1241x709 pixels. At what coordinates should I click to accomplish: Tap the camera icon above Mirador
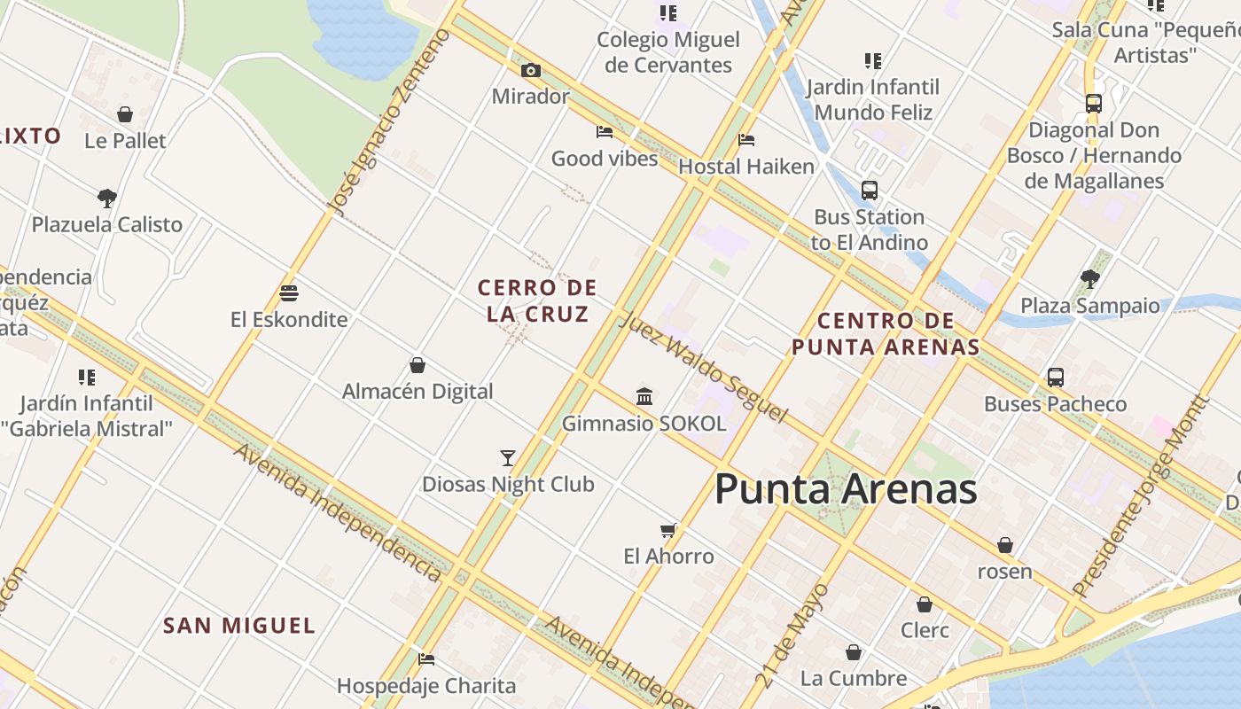tap(530, 70)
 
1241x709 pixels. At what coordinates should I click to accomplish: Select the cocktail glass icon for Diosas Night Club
tap(508, 457)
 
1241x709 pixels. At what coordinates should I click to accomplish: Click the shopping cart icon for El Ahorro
tap(668, 530)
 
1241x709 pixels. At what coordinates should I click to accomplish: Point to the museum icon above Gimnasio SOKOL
tap(644, 396)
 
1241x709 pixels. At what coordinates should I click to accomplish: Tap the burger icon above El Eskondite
tap(289, 292)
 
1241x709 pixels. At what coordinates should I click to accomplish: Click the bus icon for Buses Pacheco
tap(1055, 377)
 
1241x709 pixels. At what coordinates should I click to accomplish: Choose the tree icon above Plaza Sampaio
tap(1090, 279)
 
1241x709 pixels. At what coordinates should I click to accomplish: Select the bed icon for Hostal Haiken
tap(746, 140)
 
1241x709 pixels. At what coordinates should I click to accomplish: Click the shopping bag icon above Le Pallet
tap(125, 114)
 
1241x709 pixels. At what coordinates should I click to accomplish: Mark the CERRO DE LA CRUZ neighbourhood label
tap(537, 300)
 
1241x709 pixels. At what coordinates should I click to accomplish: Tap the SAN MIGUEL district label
tap(239, 626)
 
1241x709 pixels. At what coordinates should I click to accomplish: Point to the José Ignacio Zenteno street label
tap(389, 122)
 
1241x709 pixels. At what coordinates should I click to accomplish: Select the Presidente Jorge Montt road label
tap(1139, 495)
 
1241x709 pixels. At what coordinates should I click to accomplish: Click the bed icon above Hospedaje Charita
tap(426, 659)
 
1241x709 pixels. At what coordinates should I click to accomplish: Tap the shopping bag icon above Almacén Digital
tap(418, 365)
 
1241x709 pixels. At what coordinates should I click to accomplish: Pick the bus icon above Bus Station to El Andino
tap(869, 191)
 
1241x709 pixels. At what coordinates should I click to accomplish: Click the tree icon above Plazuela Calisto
tap(107, 198)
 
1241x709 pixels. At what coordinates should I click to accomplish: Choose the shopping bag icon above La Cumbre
tap(853, 652)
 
